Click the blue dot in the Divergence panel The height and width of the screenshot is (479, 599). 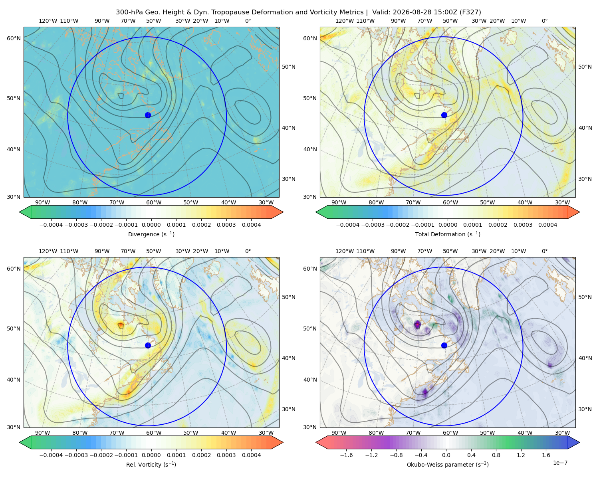tap(148, 115)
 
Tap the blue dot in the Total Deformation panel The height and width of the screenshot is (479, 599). tap(444, 115)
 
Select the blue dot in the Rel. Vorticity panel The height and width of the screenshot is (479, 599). tap(148, 345)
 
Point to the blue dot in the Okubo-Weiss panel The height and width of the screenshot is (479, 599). tap(444, 345)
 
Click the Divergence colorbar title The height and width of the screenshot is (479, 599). tap(151, 234)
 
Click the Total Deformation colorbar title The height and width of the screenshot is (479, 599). tap(448, 234)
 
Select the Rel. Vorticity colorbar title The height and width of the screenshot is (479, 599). tap(151, 464)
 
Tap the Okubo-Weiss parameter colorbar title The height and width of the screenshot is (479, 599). tap(448, 464)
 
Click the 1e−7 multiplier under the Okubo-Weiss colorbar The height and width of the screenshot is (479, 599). tap(560, 463)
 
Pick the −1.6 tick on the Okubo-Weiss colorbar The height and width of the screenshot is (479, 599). tap(346, 455)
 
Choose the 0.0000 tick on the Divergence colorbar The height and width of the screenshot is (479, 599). tap(151, 225)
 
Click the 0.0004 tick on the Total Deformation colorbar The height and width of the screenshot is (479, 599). tap(548, 225)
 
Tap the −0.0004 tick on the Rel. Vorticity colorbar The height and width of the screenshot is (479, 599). tap(51, 455)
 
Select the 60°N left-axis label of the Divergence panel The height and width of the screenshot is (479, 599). tap(14, 38)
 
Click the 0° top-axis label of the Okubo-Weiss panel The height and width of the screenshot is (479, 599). tap(544, 251)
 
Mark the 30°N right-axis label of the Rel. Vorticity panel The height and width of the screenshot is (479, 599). tap(289, 409)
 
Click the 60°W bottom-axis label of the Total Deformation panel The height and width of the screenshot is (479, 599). tap(450, 202)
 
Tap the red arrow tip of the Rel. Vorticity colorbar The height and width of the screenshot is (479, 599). tap(283, 442)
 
